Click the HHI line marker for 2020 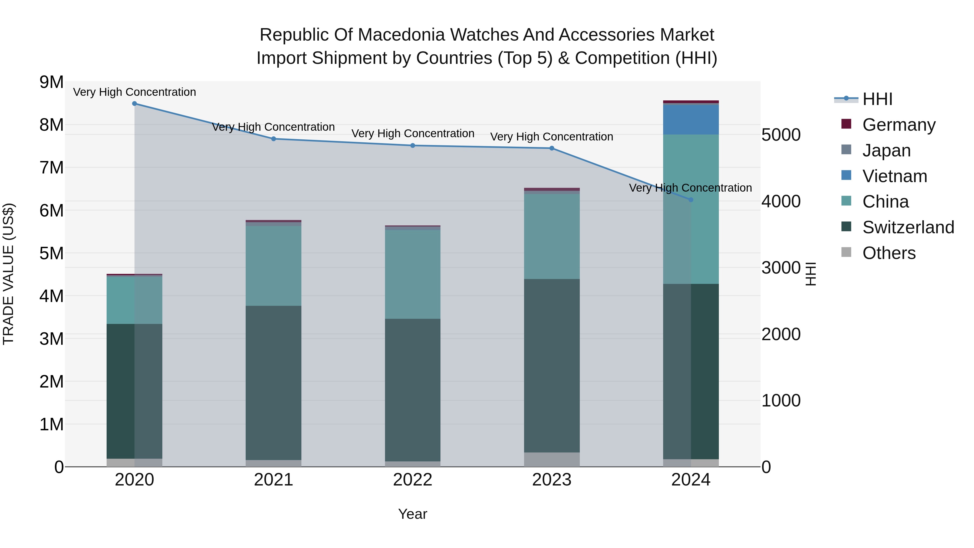(135, 104)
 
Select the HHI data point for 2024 (691, 200)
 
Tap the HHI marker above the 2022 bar (413, 146)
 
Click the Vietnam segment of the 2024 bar (691, 120)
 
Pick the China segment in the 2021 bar (273, 266)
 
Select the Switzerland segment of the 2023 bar (552, 366)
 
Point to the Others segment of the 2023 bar (552, 460)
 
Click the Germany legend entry (898, 124)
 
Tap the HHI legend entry (877, 99)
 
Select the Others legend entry (889, 253)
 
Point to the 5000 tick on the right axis (781, 135)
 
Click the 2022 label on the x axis (413, 480)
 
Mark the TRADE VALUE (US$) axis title (8, 274)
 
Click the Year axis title (413, 514)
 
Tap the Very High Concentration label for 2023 (552, 137)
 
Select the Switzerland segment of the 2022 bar (413, 390)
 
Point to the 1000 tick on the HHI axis (781, 401)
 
